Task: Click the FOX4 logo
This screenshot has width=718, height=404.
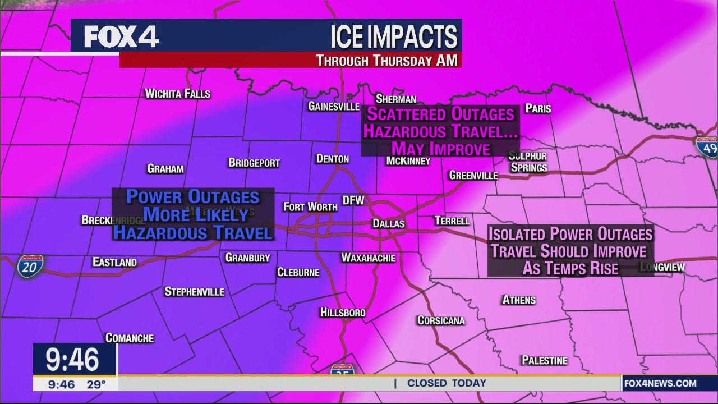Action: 121,37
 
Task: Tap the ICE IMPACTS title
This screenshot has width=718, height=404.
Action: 394,37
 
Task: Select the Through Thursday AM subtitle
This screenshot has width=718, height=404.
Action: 386,61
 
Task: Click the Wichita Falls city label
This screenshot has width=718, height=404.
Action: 177,94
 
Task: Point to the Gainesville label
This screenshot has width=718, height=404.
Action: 334,106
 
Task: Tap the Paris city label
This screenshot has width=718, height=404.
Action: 538,108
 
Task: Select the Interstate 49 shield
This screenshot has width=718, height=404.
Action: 707,147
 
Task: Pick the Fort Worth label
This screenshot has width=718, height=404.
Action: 310,207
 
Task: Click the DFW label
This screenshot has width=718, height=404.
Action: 353,200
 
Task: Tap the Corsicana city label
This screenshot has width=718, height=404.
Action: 441,320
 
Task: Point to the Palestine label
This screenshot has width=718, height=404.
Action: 544,360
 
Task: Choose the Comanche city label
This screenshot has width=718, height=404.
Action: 130,338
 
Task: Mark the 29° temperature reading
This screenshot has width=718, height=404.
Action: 96,384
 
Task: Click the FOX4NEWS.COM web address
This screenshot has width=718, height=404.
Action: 660,384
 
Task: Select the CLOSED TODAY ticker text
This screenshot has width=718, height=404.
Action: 447,383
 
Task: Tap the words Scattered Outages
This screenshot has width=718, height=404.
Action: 440,114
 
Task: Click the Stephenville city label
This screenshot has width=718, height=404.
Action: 194,292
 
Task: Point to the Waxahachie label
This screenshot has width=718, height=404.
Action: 368,258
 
